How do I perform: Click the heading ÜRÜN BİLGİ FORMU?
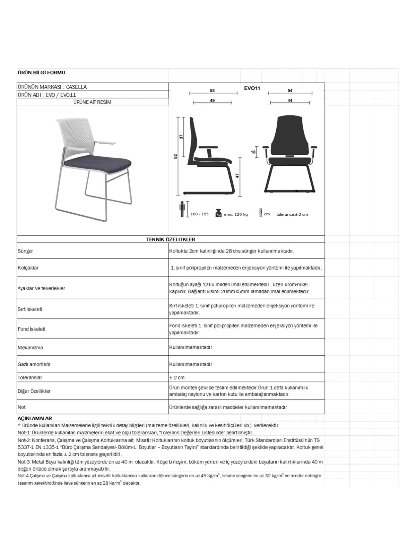pos(41,72)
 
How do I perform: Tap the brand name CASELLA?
pos(76,87)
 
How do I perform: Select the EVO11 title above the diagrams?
pos(252,88)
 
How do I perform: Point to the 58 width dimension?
pos(212,91)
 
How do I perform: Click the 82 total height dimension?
pos(175,156)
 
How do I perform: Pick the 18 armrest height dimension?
pos(253,152)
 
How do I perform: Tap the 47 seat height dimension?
pos(237,176)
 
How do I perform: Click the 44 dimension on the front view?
pos(290,101)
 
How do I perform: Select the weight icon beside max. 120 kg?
pos(218,213)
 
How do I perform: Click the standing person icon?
pos(182,209)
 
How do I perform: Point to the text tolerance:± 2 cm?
pos(292,214)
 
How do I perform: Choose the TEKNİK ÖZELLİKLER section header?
pos(171,239)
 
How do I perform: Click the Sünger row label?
pos(25,251)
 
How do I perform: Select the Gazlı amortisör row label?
pos(34,364)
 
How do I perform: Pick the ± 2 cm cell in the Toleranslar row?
pos(177,377)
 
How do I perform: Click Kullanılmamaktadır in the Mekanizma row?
pos(191,347)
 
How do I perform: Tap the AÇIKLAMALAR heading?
pos(35,418)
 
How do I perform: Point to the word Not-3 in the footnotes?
pos(24,462)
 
